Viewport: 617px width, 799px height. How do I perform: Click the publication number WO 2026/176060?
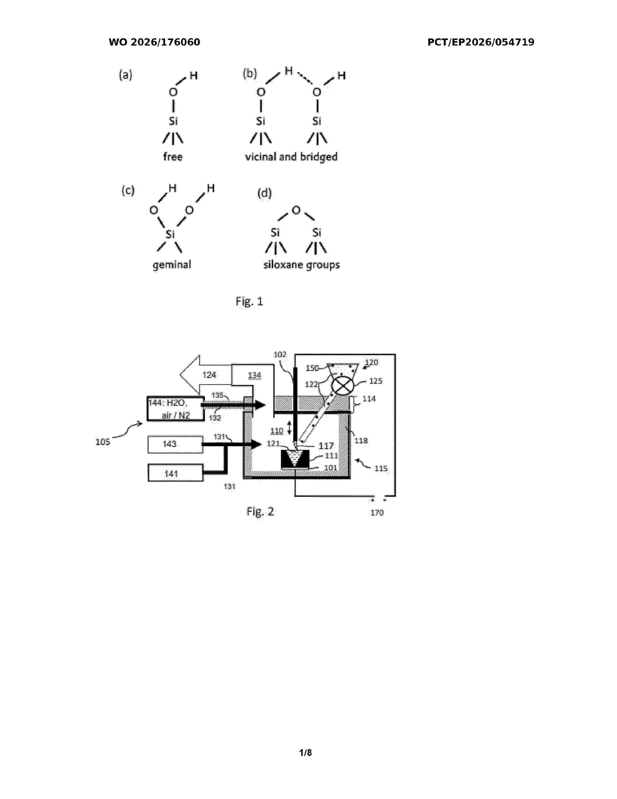154,42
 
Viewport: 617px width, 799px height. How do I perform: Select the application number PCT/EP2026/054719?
481,42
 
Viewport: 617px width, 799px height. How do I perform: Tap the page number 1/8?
306,753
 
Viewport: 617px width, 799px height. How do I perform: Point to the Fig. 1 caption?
249,301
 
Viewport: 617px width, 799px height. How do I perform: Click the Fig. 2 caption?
260,511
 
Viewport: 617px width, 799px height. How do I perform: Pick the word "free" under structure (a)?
173,157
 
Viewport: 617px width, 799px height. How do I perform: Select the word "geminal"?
172,265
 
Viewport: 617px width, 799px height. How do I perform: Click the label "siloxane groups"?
301,265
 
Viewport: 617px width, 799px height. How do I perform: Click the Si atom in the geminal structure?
170,234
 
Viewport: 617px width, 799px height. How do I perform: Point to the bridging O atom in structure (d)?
296,210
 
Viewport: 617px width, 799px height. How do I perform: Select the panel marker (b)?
250,74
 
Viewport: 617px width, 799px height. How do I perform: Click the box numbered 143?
175,444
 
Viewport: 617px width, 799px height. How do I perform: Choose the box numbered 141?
175,473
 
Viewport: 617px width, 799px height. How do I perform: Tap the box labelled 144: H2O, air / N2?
175,409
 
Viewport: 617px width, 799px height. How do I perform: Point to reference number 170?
377,513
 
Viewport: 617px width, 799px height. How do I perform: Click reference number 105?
103,442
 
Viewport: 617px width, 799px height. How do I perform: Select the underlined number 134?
254,375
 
